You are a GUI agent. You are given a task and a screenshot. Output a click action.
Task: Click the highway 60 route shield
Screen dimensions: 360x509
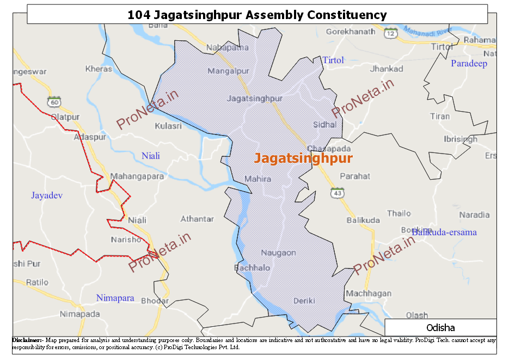53,102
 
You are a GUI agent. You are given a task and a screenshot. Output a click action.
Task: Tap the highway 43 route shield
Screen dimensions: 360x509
338,193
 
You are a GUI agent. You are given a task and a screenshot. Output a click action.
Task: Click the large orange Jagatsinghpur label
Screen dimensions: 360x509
303,158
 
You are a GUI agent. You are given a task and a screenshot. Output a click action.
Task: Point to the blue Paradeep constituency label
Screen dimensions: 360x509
469,64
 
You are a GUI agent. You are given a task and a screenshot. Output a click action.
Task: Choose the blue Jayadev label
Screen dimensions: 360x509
47,195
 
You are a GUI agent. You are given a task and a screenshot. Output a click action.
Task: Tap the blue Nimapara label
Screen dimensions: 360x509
115,298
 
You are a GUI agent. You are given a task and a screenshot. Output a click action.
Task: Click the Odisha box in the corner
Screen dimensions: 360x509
440,328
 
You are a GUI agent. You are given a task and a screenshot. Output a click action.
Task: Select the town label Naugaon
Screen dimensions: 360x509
278,253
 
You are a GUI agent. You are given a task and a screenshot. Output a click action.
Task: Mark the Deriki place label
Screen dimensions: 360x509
304,301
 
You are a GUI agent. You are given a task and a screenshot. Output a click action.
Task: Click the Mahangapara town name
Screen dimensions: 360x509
137,176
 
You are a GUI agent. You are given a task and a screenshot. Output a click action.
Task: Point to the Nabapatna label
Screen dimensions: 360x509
227,48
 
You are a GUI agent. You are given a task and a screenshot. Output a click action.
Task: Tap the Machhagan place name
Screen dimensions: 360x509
369,294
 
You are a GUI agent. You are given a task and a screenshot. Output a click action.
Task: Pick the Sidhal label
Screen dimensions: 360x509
324,125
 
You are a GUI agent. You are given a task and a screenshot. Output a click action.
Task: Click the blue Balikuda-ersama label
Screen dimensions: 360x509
444,233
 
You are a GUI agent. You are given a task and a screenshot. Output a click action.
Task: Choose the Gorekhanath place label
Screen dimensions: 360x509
351,32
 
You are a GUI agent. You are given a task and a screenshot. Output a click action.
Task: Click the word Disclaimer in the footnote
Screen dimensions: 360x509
27,340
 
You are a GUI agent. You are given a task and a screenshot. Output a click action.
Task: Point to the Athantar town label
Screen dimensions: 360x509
197,219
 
